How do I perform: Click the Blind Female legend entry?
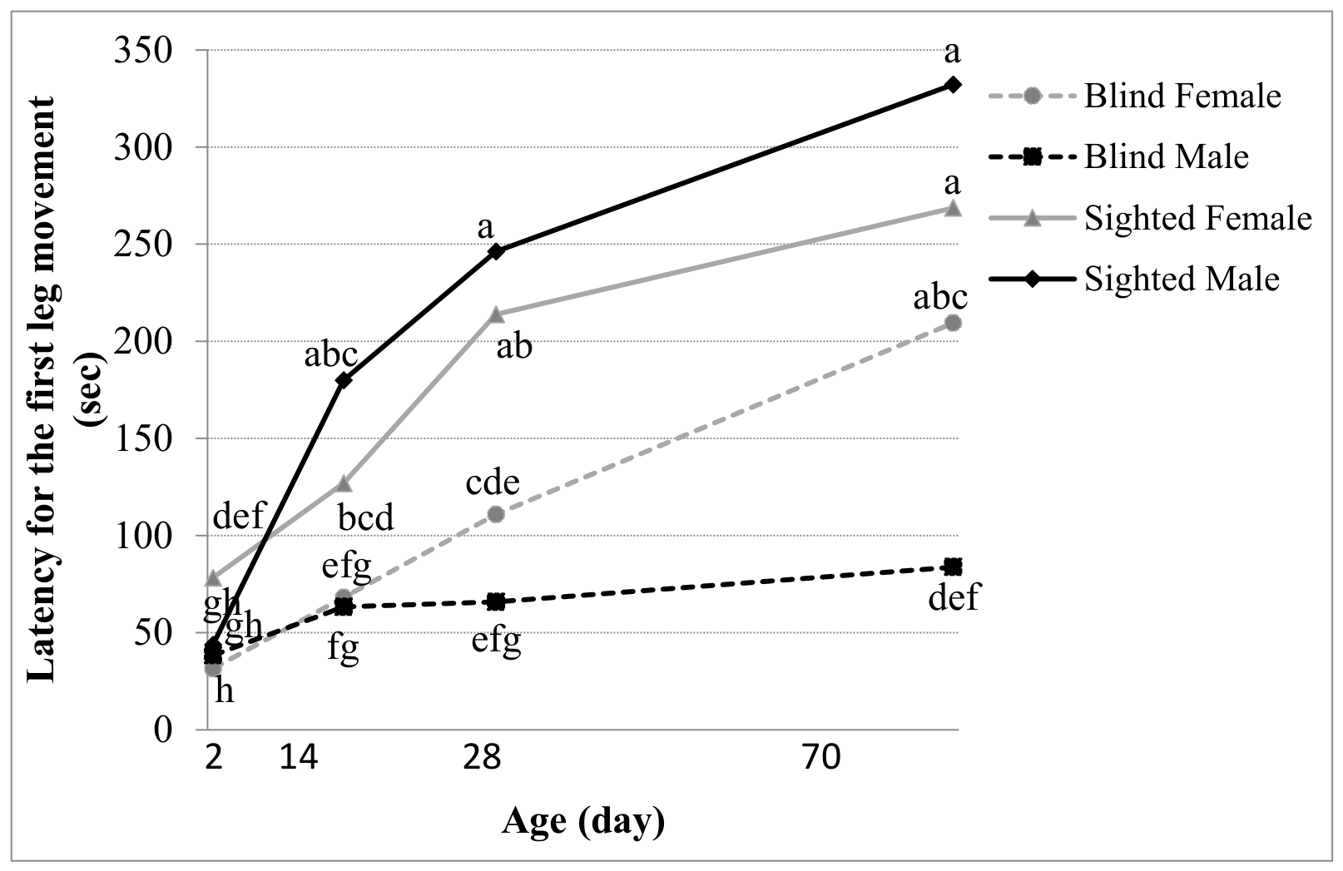point(1135,96)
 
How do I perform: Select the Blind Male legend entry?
point(1119,157)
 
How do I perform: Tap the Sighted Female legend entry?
point(1151,219)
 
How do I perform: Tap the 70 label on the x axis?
point(822,758)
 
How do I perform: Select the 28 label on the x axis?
point(482,758)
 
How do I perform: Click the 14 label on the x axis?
point(299,758)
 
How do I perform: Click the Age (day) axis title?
point(582,822)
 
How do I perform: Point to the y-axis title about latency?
point(66,389)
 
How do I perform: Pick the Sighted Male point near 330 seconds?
point(952,85)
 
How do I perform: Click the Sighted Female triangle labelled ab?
point(496,314)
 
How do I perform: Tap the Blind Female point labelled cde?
point(496,514)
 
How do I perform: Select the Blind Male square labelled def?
point(952,566)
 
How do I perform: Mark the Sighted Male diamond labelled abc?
point(344,380)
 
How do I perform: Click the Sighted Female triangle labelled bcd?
point(344,483)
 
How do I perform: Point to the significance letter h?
point(224,690)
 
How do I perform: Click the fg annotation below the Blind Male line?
point(343,649)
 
